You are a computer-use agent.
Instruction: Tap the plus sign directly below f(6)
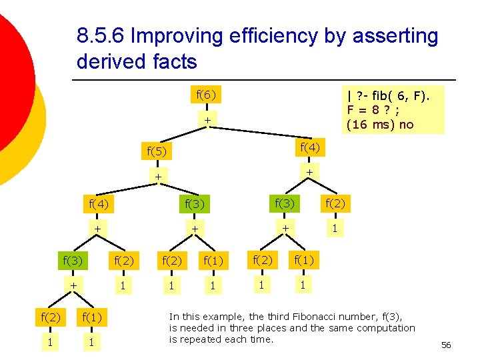coord(207,121)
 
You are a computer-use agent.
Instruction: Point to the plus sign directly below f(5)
coord(158,177)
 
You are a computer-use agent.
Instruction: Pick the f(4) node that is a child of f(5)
coord(98,203)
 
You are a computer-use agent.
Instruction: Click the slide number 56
coord(446,345)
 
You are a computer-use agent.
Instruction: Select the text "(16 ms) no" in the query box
coord(380,124)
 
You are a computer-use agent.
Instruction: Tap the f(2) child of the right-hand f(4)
coord(335,203)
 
